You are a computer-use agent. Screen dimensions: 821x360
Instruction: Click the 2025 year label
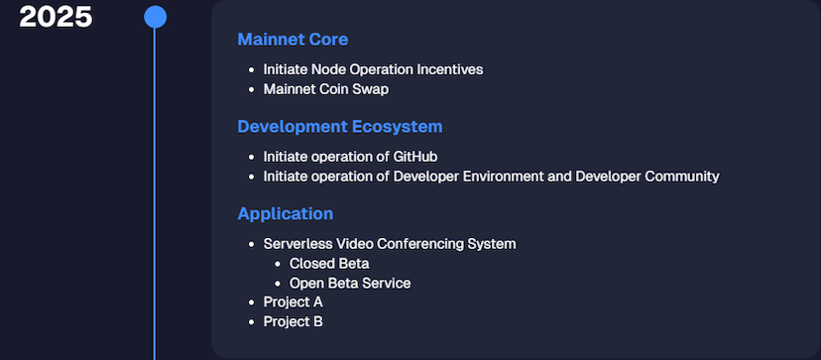coord(56,17)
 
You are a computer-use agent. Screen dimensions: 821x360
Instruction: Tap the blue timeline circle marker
coord(155,17)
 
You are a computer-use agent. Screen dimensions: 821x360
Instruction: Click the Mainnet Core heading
coord(293,40)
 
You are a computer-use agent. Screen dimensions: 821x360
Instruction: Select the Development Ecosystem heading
coord(340,126)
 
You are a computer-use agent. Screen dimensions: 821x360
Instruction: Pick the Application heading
coord(286,214)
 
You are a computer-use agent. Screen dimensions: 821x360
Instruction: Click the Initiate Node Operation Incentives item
coord(374,69)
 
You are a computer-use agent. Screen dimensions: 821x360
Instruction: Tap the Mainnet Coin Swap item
coord(326,89)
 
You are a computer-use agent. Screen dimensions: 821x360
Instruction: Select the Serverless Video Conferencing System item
coord(390,244)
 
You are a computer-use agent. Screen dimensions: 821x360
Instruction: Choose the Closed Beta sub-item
coord(329,263)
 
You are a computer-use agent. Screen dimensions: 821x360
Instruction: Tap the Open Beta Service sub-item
coord(350,283)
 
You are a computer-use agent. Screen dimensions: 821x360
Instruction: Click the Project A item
coord(293,301)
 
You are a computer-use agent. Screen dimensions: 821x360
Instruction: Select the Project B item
coord(293,321)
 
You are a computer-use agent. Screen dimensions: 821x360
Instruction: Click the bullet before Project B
coord(252,321)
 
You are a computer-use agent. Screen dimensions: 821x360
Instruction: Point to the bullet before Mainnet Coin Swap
coord(252,89)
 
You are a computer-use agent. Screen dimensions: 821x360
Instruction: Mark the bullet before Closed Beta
coord(278,264)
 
